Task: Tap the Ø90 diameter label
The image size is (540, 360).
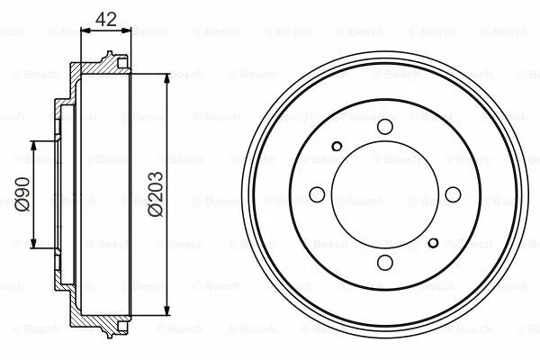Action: pyautogui.click(x=23, y=193)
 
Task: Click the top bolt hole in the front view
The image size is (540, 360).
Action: pyautogui.click(x=384, y=127)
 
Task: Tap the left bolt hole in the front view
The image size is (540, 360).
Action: pyautogui.click(x=317, y=193)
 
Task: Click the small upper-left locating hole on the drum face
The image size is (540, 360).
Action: pyautogui.click(x=337, y=147)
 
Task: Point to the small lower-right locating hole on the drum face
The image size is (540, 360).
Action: pyautogui.click(x=433, y=241)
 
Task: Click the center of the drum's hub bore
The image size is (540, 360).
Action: pyautogui.click(x=384, y=193)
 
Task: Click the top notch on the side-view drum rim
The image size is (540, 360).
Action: pyautogui.click(x=112, y=59)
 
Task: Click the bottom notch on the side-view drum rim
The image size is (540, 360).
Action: pyautogui.click(x=112, y=329)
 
